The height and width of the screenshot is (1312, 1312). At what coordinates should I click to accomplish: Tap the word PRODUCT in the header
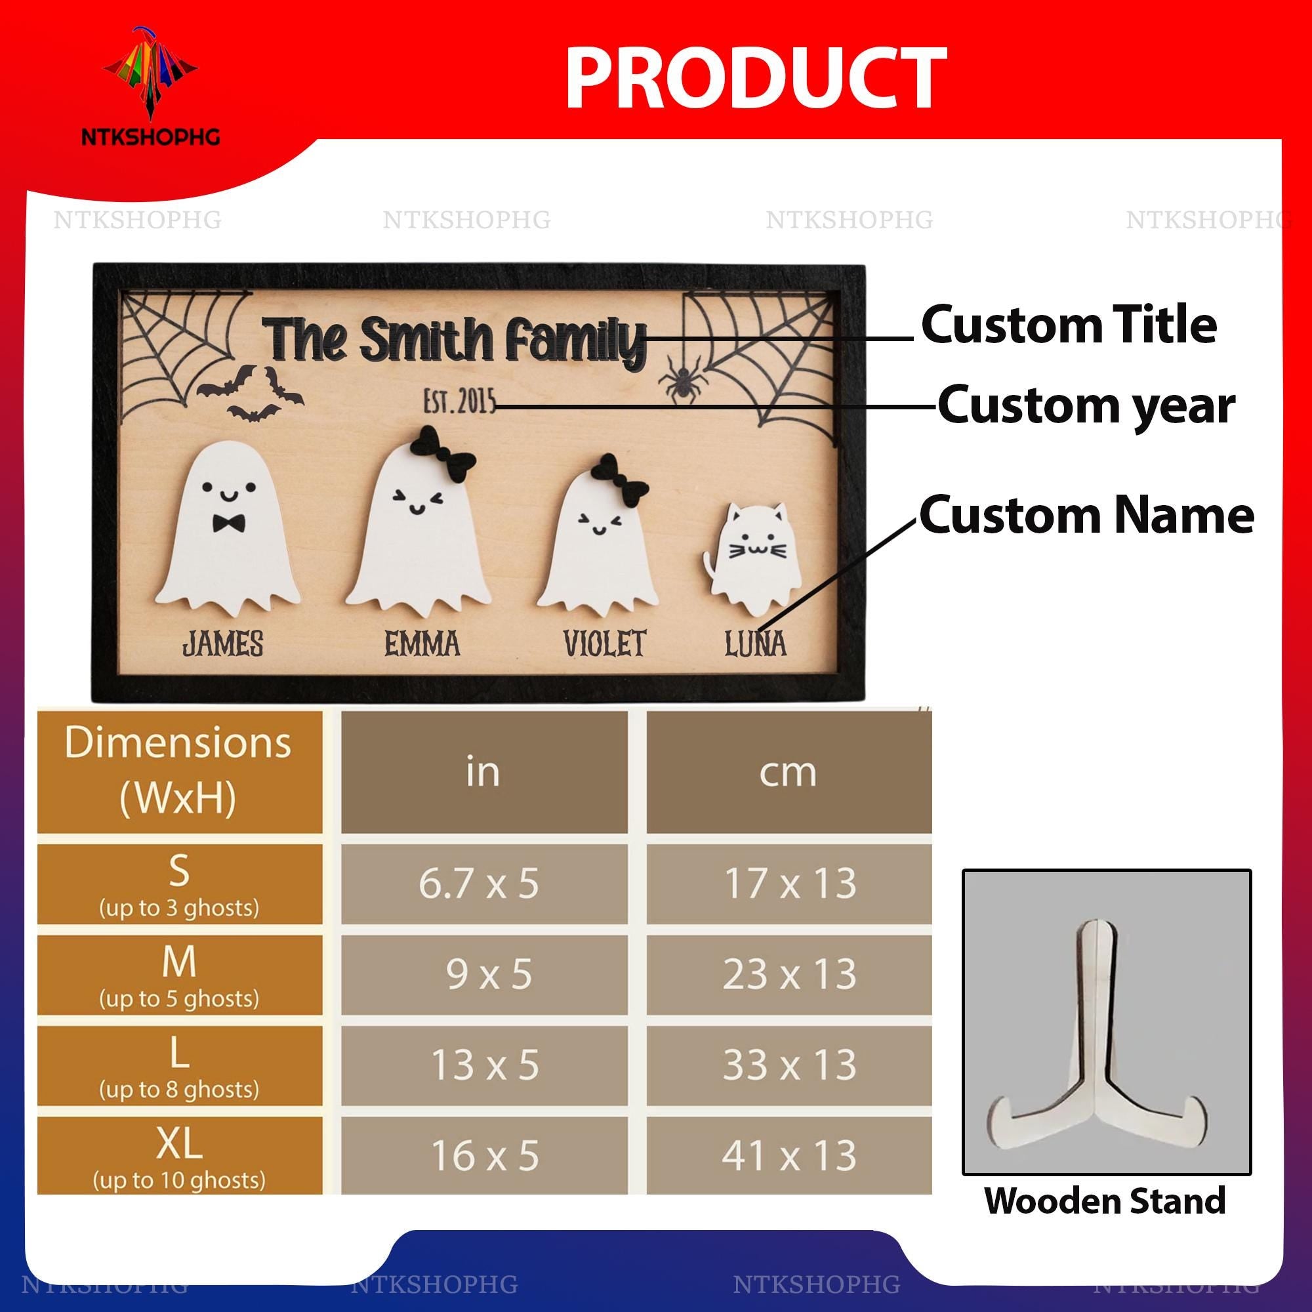tap(755, 79)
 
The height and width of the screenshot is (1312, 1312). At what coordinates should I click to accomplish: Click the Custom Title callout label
tap(1068, 325)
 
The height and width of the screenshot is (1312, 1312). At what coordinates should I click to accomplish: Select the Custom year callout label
tap(1086, 406)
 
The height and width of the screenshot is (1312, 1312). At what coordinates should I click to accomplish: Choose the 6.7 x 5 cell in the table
tap(483, 884)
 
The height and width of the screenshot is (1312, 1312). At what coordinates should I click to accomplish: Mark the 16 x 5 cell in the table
tap(483, 1155)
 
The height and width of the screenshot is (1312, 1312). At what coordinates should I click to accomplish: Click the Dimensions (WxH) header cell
tap(179, 771)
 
